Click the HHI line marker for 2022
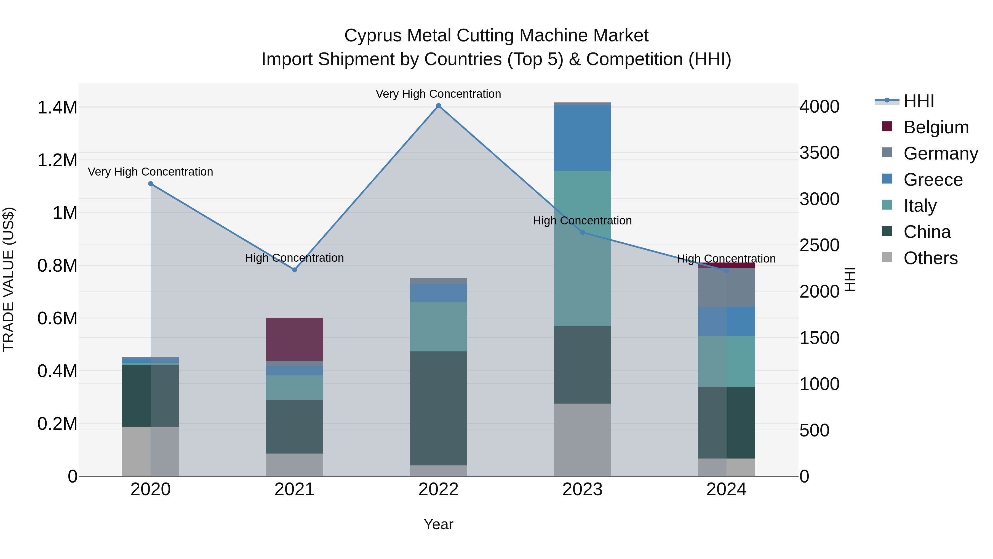coord(438,106)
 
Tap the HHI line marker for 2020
coord(151,184)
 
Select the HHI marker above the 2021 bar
coord(295,270)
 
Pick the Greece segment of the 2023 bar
coord(583,138)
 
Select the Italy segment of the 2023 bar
coord(583,248)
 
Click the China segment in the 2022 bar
coord(438,408)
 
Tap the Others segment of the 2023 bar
coord(583,440)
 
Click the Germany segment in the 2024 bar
coord(726,287)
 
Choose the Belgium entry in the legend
coord(936,127)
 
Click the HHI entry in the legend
coord(919,101)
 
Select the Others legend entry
coord(930,258)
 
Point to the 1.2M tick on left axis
coord(57,160)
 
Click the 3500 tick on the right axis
coord(819,153)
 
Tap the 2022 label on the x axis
coord(438,489)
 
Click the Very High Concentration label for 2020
coord(150,172)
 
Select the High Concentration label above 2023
coord(582,221)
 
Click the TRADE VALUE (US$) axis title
coord(9,279)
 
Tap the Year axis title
coord(438,524)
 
